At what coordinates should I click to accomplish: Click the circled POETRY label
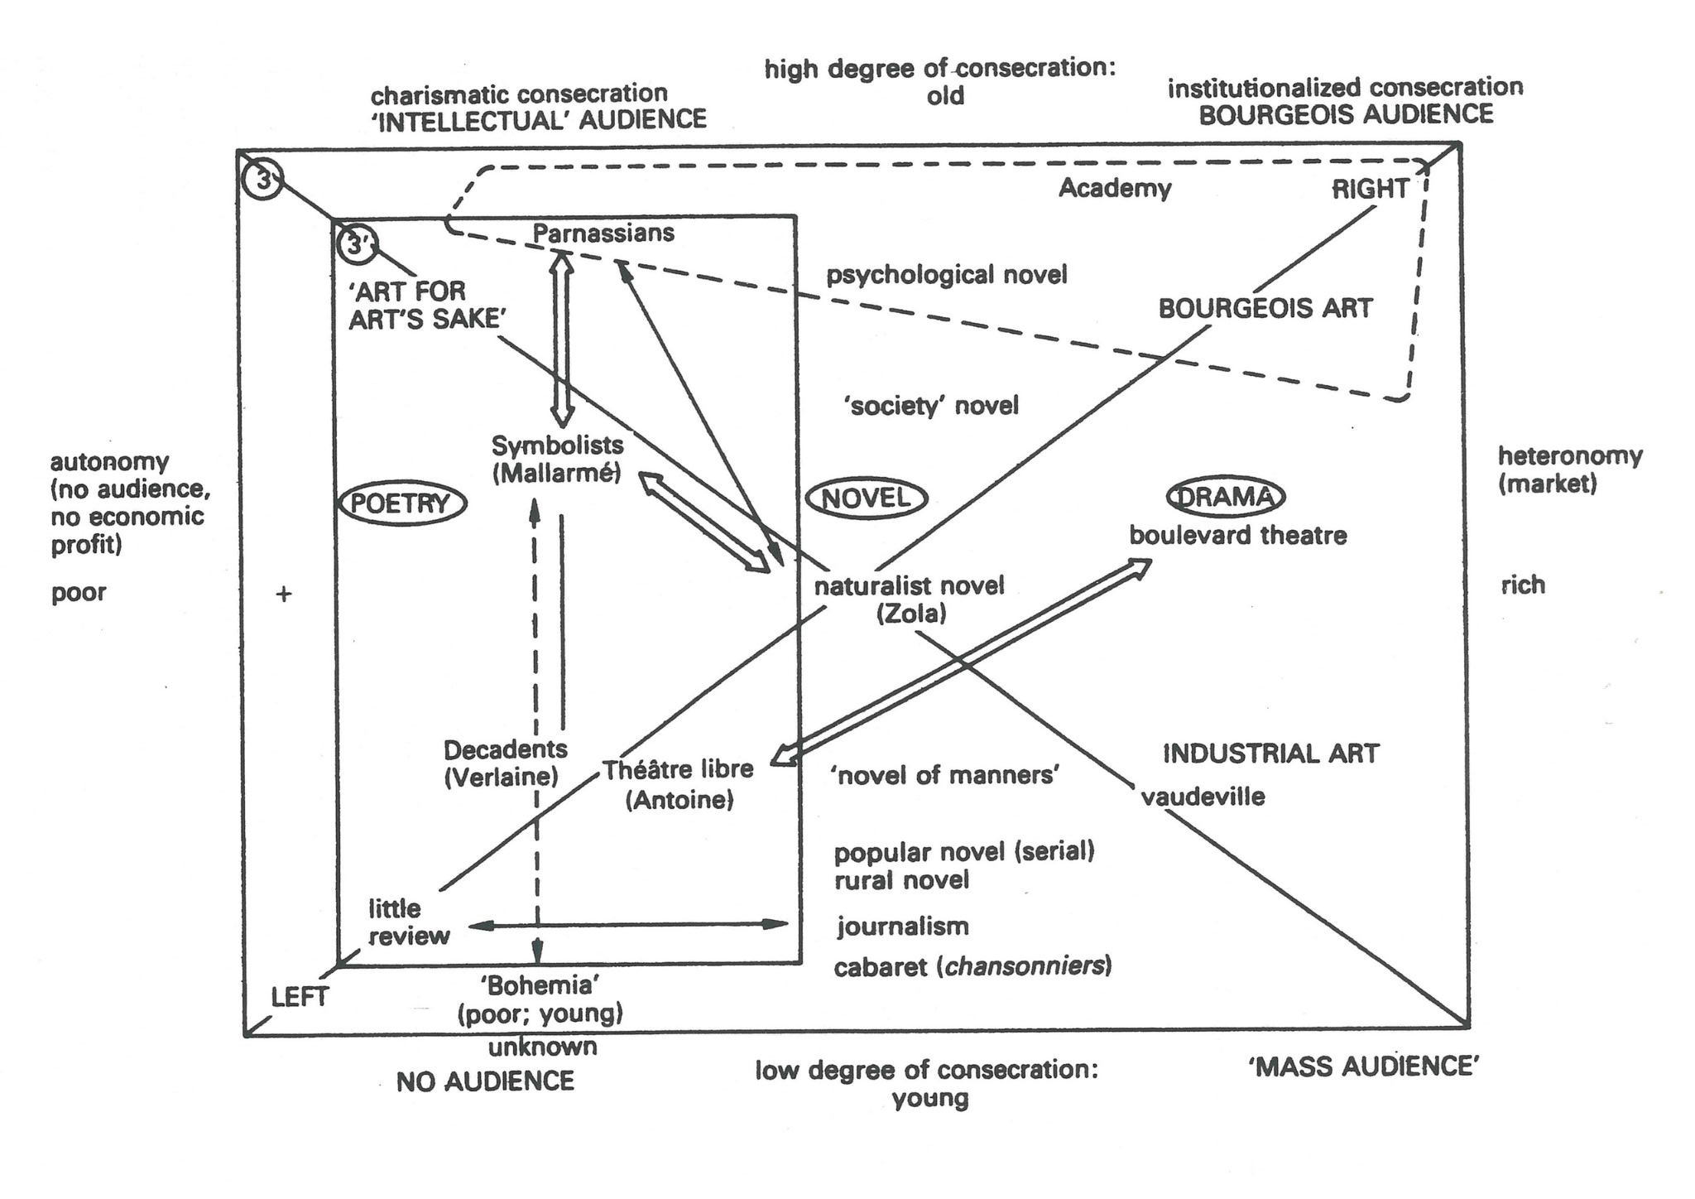click(402, 503)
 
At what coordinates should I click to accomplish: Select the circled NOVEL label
click(867, 498)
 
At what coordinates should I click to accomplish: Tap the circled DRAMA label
click(1225, 497)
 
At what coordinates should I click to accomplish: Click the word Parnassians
click(603, 234)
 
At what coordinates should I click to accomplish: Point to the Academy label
click(1115, 189)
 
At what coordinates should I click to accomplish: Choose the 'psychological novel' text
click(947, 275)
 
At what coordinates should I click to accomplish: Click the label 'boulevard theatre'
click(1237, 536)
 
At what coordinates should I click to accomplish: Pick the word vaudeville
click(1203, 797)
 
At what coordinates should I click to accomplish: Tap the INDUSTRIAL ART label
click(1270, 754)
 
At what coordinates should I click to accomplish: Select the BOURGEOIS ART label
click(1265, 309)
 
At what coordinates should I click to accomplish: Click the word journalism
click(902, 926)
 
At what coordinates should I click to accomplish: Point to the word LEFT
click(300, 997)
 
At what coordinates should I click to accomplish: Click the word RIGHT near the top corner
click(1370, 190)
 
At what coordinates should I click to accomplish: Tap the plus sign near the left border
click(284, 594)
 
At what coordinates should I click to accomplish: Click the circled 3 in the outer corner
click(263, 179)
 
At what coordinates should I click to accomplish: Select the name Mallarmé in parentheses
click(556, 474)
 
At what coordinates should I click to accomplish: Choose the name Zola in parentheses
click(910, 614)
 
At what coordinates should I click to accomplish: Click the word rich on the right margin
click(1522, 585)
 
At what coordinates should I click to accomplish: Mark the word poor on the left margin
click(79, 593)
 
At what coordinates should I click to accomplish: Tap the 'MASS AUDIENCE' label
click(1363, 1067)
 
